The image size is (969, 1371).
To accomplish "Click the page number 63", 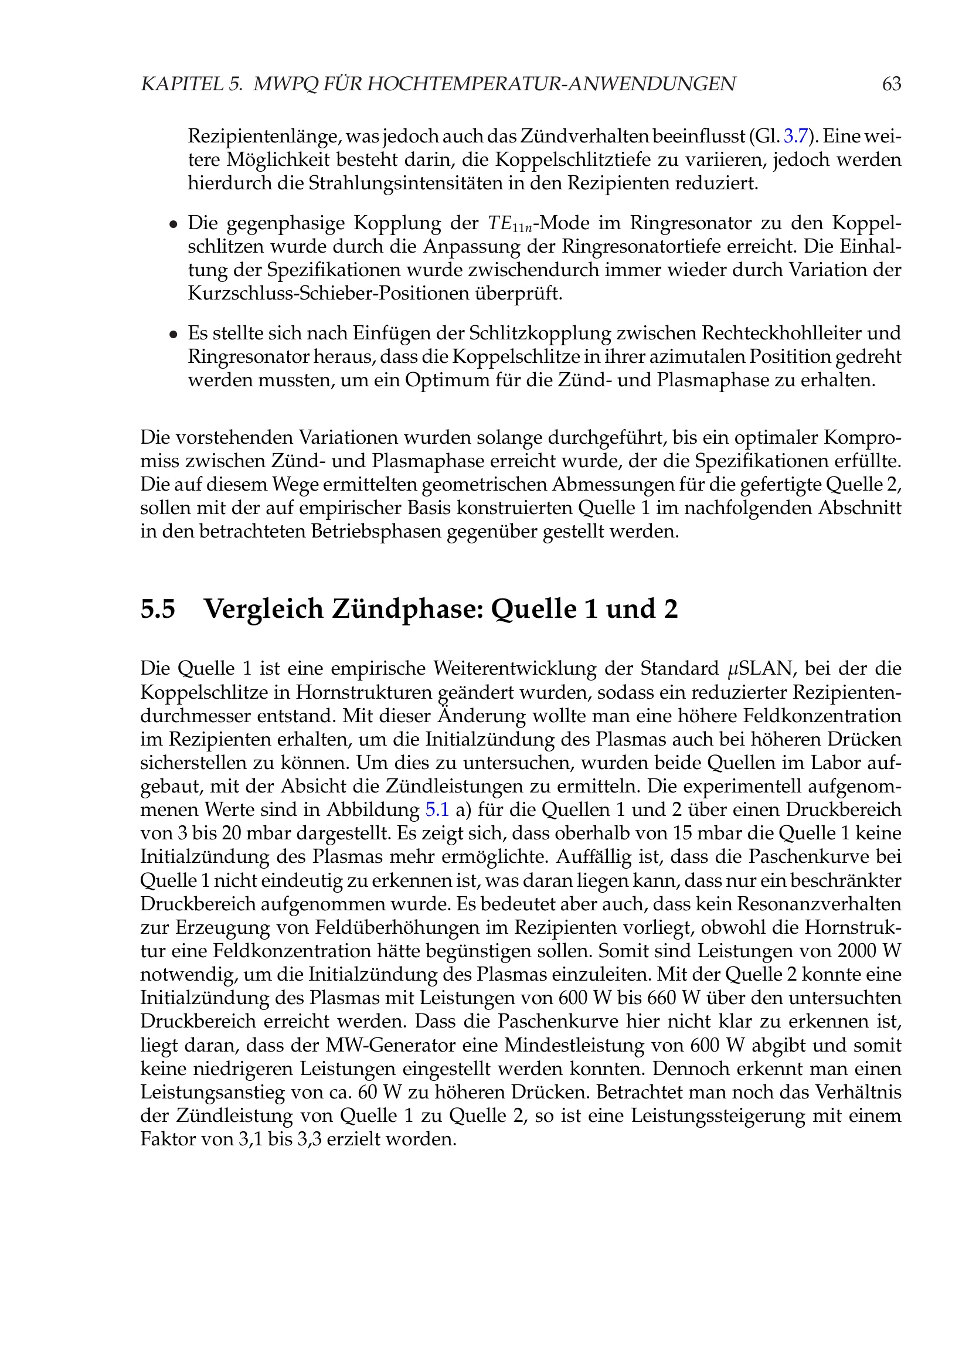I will click(x=891, y=84).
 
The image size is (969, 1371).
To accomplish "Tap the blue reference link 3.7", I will click(x=795, y=136).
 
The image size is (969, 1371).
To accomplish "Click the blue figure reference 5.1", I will click(x=437, y=809).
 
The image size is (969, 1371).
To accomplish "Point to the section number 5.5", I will click(x=158, y=609).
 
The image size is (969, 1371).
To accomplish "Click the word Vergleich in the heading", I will click(x=263, y=609).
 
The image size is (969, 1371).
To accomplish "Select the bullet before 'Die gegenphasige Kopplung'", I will click(x=173, y=224).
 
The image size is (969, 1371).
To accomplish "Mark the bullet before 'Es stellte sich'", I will click(x=173, y=334).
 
